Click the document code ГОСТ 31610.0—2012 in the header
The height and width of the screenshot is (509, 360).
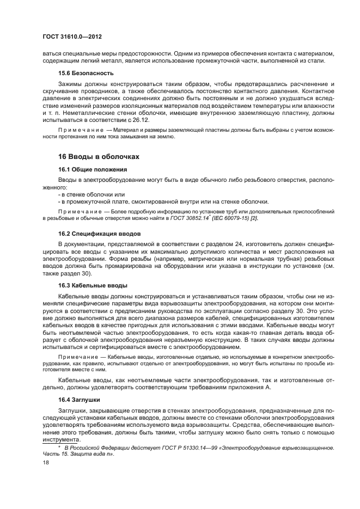pos(72,36)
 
